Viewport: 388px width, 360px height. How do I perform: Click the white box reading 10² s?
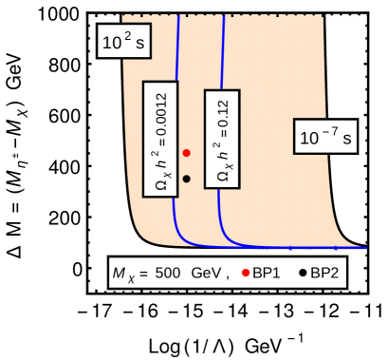[122, 41]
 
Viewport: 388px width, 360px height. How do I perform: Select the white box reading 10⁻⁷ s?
[325, 137]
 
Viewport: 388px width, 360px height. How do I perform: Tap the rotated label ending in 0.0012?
[160, 139]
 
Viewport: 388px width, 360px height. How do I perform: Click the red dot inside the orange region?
[187, 153]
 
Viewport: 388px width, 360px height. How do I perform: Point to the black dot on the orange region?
[187, 179]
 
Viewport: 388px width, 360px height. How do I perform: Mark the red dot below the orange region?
[246, 273]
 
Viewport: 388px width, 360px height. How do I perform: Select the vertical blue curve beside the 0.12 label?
[222, 57]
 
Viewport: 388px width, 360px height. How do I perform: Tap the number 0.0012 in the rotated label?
[160, 113]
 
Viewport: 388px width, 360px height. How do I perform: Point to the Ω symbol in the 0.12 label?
[222, 176]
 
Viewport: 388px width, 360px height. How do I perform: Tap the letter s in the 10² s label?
[139, 43]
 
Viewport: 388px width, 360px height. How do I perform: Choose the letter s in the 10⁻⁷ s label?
[347, 139]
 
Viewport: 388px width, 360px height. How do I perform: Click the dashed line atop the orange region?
[223, 14]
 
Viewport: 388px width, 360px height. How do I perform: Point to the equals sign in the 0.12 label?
[223, 140]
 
